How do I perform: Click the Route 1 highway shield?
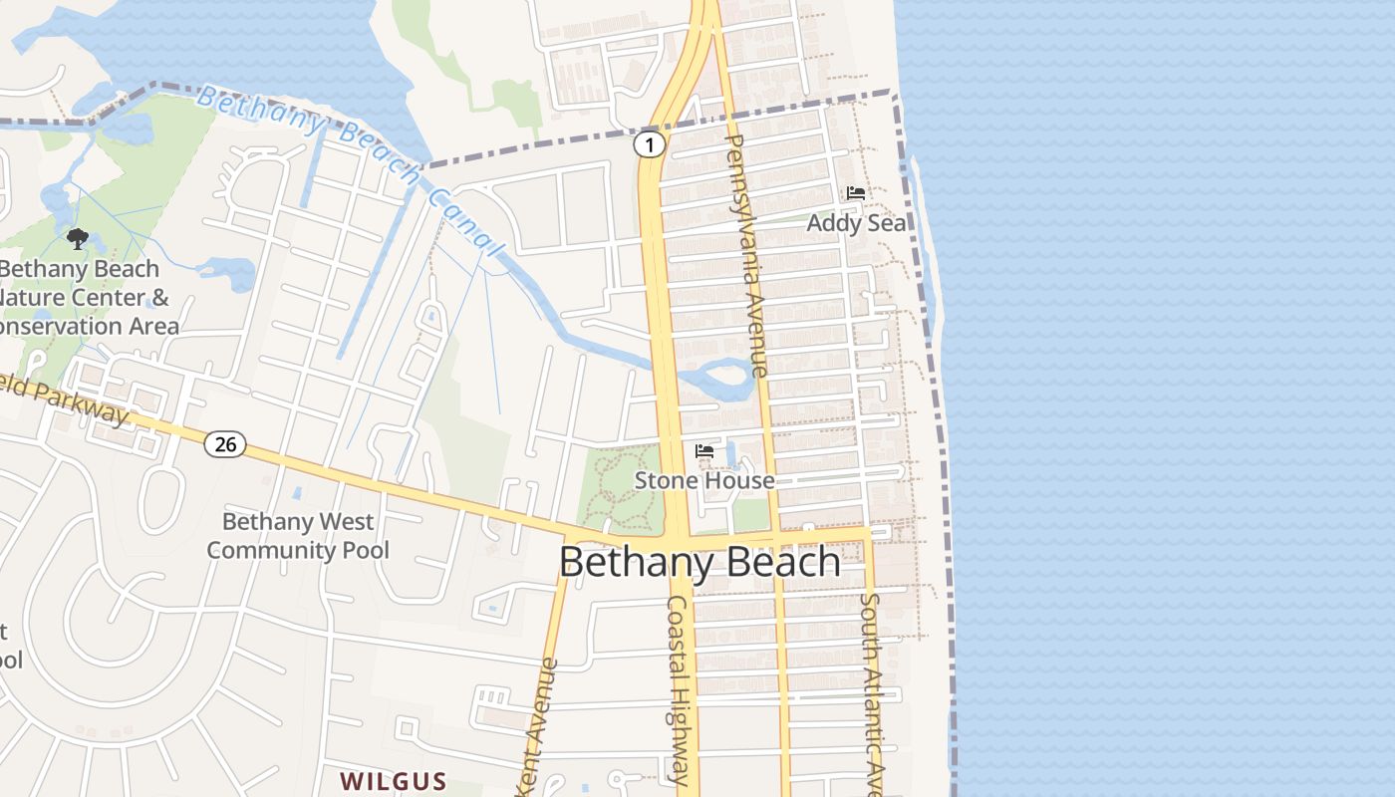[649, 145]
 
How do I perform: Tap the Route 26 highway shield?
[225, 444]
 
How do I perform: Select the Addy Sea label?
[856, 222]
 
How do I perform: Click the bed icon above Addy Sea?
[855, 193]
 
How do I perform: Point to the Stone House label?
[704, 480]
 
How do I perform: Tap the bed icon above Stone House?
[704, 451]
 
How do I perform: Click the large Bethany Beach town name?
[699, 563]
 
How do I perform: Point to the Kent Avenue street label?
[538, 727]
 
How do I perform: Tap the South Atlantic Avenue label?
[873, 692]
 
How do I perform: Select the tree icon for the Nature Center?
[78, 239]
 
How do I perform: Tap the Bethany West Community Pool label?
[298, 535]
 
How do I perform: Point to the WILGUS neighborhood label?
[393, 780]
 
